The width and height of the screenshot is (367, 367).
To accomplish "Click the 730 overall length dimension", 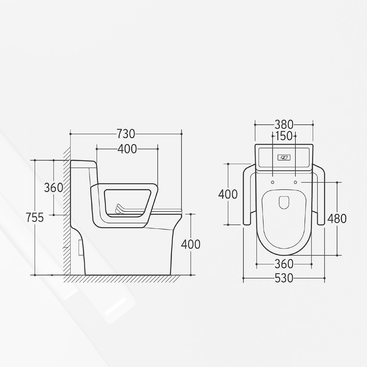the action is pyautogui.click(x=126, y=134).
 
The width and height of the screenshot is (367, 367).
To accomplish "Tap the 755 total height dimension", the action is pyautogui.click(x=35, y=218).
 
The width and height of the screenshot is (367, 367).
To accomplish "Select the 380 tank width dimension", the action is pyautogui.click(x=284, y=125).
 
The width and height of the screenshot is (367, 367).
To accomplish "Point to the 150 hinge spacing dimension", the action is pyautogui.click(x=284, y=136).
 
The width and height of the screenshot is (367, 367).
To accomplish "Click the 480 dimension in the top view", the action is pyautogui.click(x=337, y=219).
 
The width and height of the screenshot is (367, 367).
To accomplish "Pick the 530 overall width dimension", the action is pyautogui.click(x=284, y=278).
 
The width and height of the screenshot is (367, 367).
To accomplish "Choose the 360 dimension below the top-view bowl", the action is pyautogui.click(x=284, y=264).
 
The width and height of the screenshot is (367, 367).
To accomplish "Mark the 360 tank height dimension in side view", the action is pyautogui.click(x=53, y=188).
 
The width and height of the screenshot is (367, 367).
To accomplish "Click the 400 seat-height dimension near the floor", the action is pyautogui.click(x=191, y=245).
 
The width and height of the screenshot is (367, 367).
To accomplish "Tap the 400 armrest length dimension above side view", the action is pyautogui.click(x=127, y=149).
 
